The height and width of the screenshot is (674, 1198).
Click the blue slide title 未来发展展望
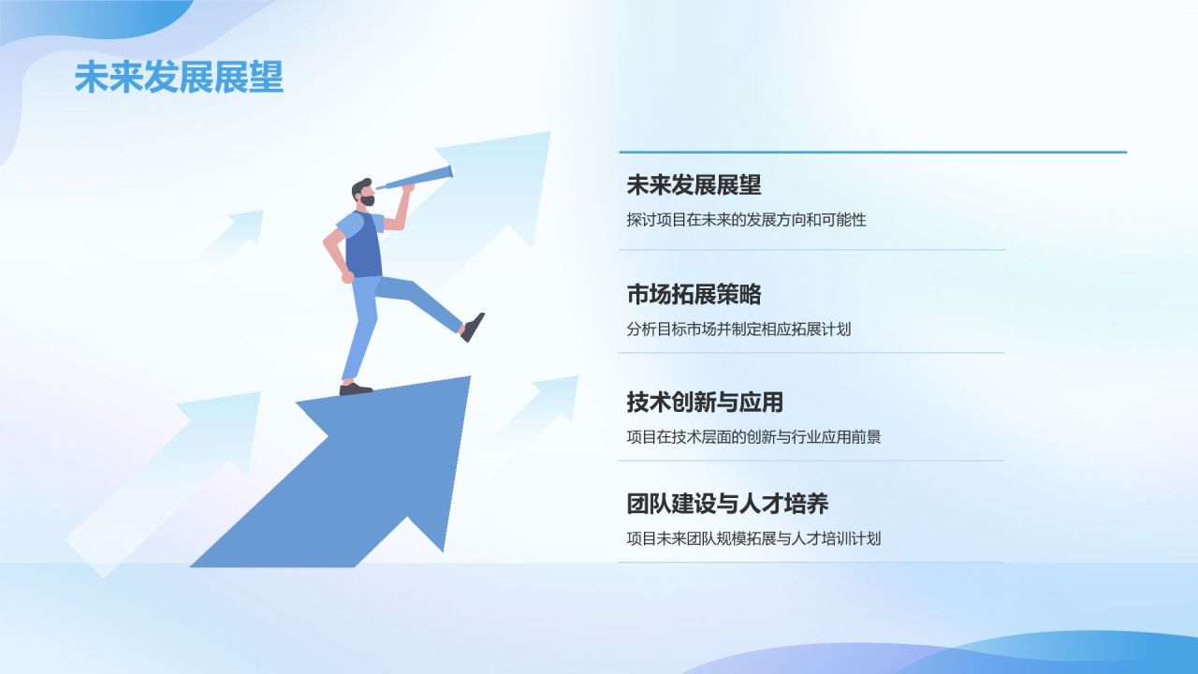pos(179,78)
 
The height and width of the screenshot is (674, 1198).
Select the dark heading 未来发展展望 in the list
pos(694,185)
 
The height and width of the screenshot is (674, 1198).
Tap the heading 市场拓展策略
pos(694,294)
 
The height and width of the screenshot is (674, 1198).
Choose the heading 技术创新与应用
pos(705,403)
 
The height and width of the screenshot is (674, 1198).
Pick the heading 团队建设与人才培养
pos(727,504)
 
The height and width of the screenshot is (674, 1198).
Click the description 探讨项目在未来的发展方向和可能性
pos(746,220)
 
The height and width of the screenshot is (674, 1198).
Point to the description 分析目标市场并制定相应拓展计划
pos(738,329)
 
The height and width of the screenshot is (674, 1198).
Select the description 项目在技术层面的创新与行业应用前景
pos(753,436)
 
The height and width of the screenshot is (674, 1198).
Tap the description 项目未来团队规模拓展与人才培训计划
pos(753,538)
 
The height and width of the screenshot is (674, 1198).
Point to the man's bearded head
pos(363,194)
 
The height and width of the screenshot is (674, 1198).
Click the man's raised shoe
pos(473,327)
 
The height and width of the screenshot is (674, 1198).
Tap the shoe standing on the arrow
pos(355,388)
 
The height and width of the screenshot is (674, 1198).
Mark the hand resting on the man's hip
pos(348,277)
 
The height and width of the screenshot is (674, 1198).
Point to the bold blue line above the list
pos(872,152)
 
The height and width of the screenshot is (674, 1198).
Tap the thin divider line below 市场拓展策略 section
pos(811,353)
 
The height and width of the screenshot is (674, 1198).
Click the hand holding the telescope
pos(406,187)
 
